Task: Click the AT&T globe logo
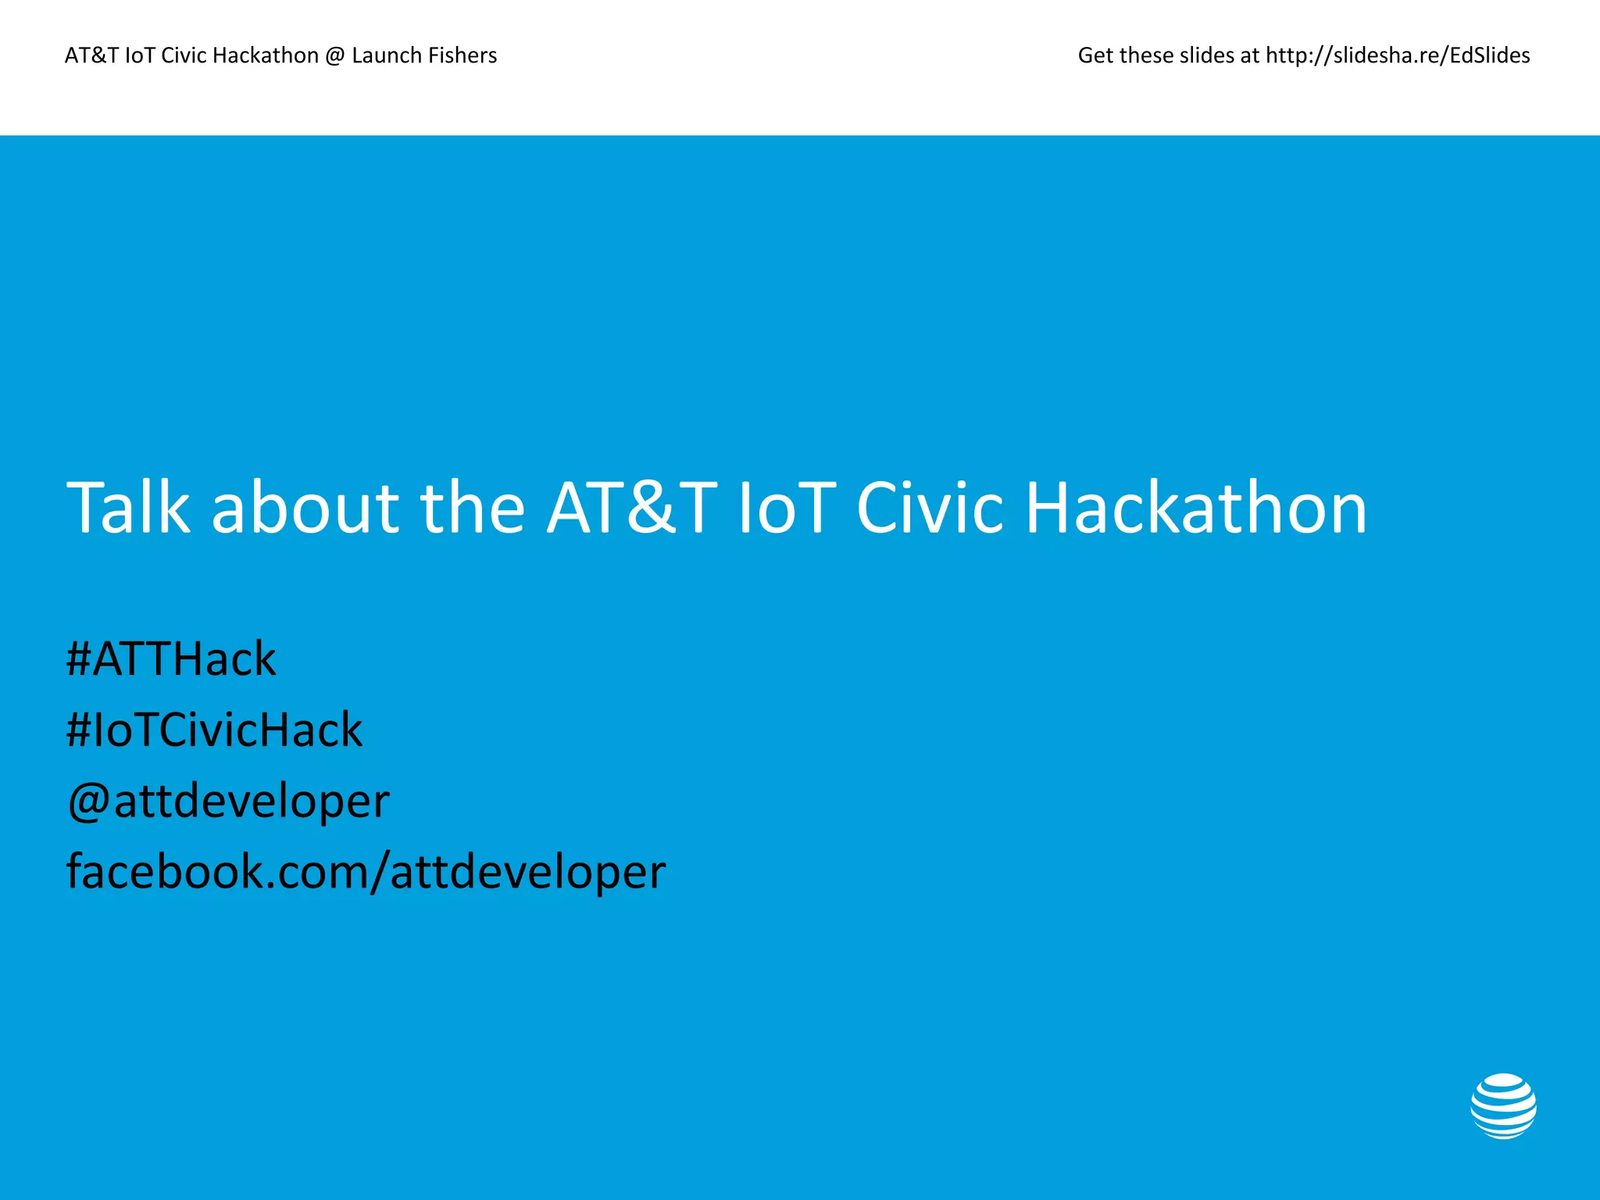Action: pos(1503,1105)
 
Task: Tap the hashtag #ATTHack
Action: pos(171,659)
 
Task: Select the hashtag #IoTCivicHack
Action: pos(214,730)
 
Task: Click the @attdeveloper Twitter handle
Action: pos(228,802)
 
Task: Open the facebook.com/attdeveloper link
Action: pos(366,872)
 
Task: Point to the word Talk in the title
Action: pos(128,509)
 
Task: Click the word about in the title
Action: pos(305,509)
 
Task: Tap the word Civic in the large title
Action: pos(930,509)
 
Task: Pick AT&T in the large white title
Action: pos(632,509)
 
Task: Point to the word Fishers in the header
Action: pos(461,55)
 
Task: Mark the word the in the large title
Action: pos(473,509)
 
